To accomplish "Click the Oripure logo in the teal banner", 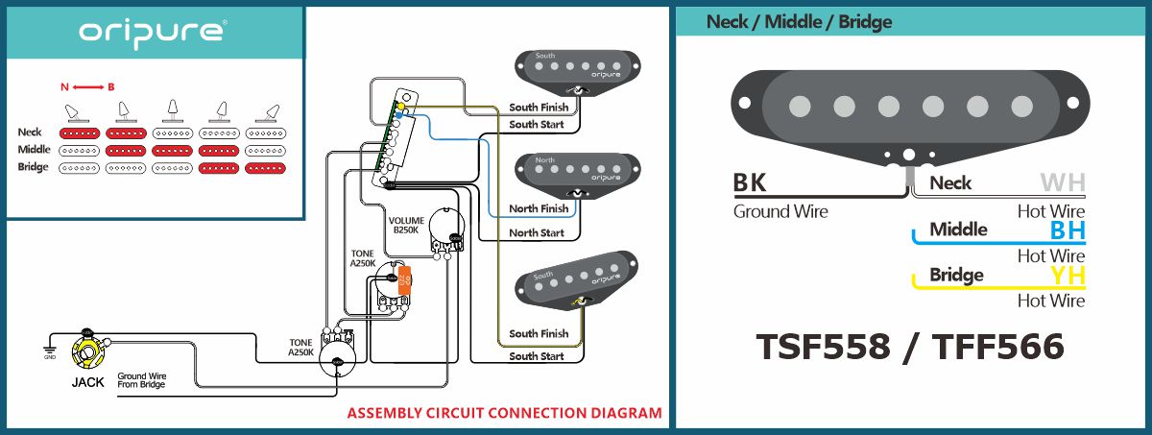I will tap(153, 32).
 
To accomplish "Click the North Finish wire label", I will tap(539, 208).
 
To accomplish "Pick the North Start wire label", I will tap(537, 232).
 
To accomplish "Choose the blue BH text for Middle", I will tap(1067, 230).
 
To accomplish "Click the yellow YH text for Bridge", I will tap(1067, 276).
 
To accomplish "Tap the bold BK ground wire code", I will tap(751, 182).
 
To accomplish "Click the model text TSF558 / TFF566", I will tap(909, 347).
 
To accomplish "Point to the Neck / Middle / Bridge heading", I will tap(799, 21).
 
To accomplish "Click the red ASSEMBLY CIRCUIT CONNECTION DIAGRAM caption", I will tap(504, 414).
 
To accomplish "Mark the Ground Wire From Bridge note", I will tap(141, 380).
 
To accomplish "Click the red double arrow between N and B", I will tap(87, 87).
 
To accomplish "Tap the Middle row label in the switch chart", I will tap(34, 150).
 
